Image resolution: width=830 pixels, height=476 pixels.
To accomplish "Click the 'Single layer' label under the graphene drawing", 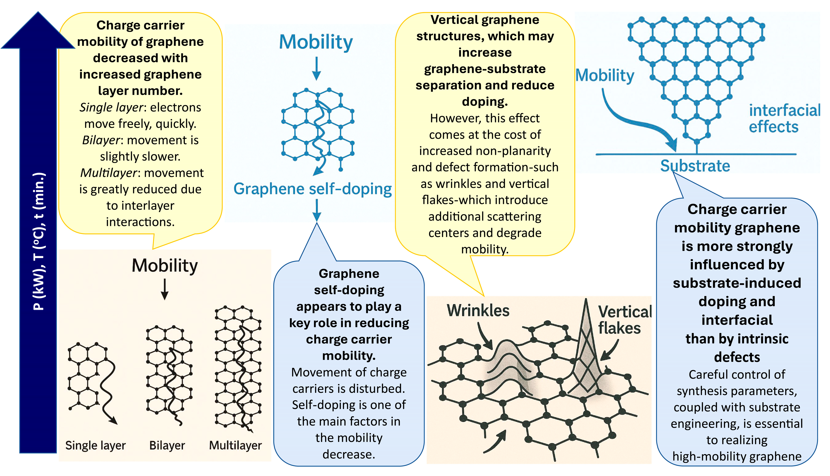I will [x=95, y=445].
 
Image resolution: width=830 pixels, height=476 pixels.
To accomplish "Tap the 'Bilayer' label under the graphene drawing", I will [x=167, y=445].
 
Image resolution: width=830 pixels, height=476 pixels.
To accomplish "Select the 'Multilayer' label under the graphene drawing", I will [x=235, y=445].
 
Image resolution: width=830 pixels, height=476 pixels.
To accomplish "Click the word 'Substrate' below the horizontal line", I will [x=695, y=166].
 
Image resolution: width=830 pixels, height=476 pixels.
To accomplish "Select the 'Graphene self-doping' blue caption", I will [x=313, y=189].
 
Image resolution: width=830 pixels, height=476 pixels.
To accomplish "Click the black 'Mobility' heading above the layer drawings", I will [x=165, y=265].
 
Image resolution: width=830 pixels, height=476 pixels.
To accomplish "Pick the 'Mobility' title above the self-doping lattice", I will [x=316, y=42].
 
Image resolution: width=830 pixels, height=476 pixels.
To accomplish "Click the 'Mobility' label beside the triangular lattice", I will [x=605, y=75].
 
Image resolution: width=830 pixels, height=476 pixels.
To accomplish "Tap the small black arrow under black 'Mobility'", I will [x=165, y=289].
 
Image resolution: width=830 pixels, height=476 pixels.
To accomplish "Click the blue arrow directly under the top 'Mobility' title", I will [x=316, y=69].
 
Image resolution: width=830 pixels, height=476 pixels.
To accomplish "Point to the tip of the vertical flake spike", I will [x=586, y=300].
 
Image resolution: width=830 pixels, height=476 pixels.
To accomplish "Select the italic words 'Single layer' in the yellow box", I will [x=111, y=107].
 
